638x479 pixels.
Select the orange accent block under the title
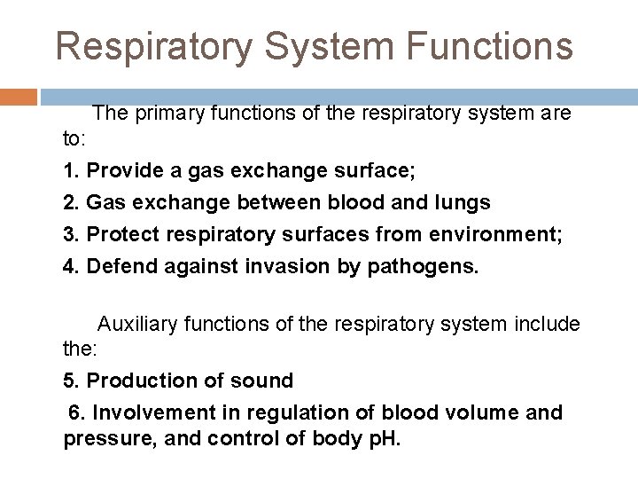click(19, 97)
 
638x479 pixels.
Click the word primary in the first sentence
click(169, 114)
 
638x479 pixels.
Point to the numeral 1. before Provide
click(71, 170)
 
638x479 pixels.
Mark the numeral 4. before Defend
click(72, 266)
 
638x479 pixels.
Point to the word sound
click(263, 381)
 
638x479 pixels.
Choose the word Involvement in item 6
click(152, 413)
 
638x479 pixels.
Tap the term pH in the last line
click(381, 439)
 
